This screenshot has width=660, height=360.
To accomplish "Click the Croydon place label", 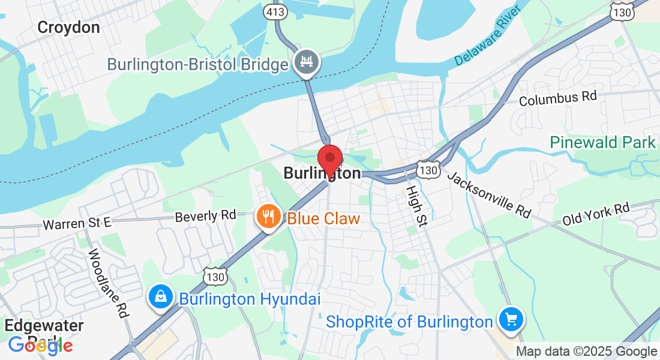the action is coord(68,27).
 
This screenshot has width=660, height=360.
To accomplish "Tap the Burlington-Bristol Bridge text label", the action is coord(198,64).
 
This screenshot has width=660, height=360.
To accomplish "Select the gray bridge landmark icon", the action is coord(307,62).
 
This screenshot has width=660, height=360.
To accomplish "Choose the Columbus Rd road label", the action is coord(558,98).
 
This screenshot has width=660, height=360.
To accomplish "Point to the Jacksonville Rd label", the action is coord(490,194).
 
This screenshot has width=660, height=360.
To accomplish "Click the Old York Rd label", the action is coord(596,214).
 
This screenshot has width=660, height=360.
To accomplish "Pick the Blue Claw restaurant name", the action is coord(324,218).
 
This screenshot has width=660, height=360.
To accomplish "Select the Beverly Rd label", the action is coord(205,216).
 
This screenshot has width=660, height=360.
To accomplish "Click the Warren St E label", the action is coord(77,224).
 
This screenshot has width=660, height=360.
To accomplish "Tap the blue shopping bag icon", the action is coord(161,297).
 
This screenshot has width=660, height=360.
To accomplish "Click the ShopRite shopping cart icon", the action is coord(511,319).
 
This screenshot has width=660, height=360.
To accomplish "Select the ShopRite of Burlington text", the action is coord(409,322).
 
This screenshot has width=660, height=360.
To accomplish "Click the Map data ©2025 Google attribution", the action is coord(587,352).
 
